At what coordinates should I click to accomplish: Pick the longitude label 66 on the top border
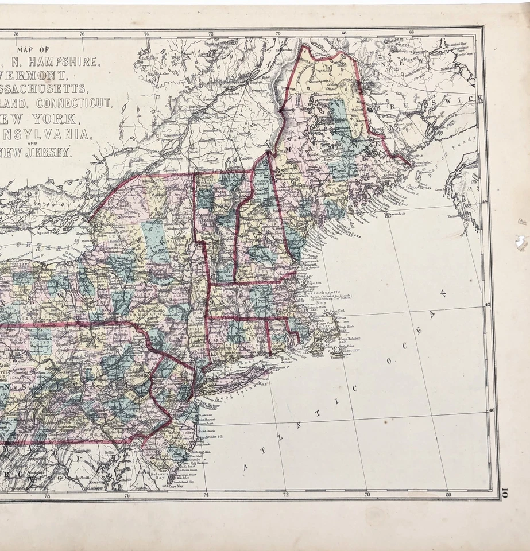pos(412,33)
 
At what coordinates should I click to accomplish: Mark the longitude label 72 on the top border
pos(211,33)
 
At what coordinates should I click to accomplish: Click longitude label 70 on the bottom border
pos(366,494)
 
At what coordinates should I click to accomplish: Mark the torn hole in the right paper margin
pos(521,243)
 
